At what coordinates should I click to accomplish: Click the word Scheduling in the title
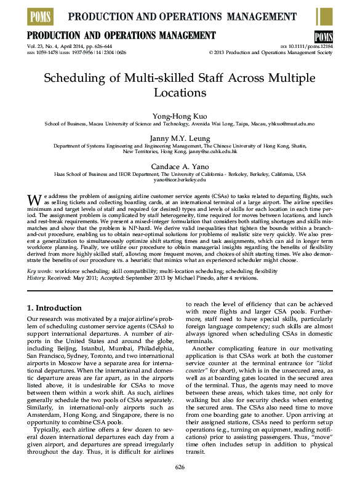point(74,77)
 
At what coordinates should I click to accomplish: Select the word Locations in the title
point(180,93)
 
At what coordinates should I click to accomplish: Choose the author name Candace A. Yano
point(180,166)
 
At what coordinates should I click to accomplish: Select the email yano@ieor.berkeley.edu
point(180,180)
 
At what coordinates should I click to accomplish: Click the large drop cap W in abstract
point(34,199)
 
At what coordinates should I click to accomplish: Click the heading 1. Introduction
point(55,307)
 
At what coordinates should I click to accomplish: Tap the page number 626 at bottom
point(180,467)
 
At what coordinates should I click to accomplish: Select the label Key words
point(40,271)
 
